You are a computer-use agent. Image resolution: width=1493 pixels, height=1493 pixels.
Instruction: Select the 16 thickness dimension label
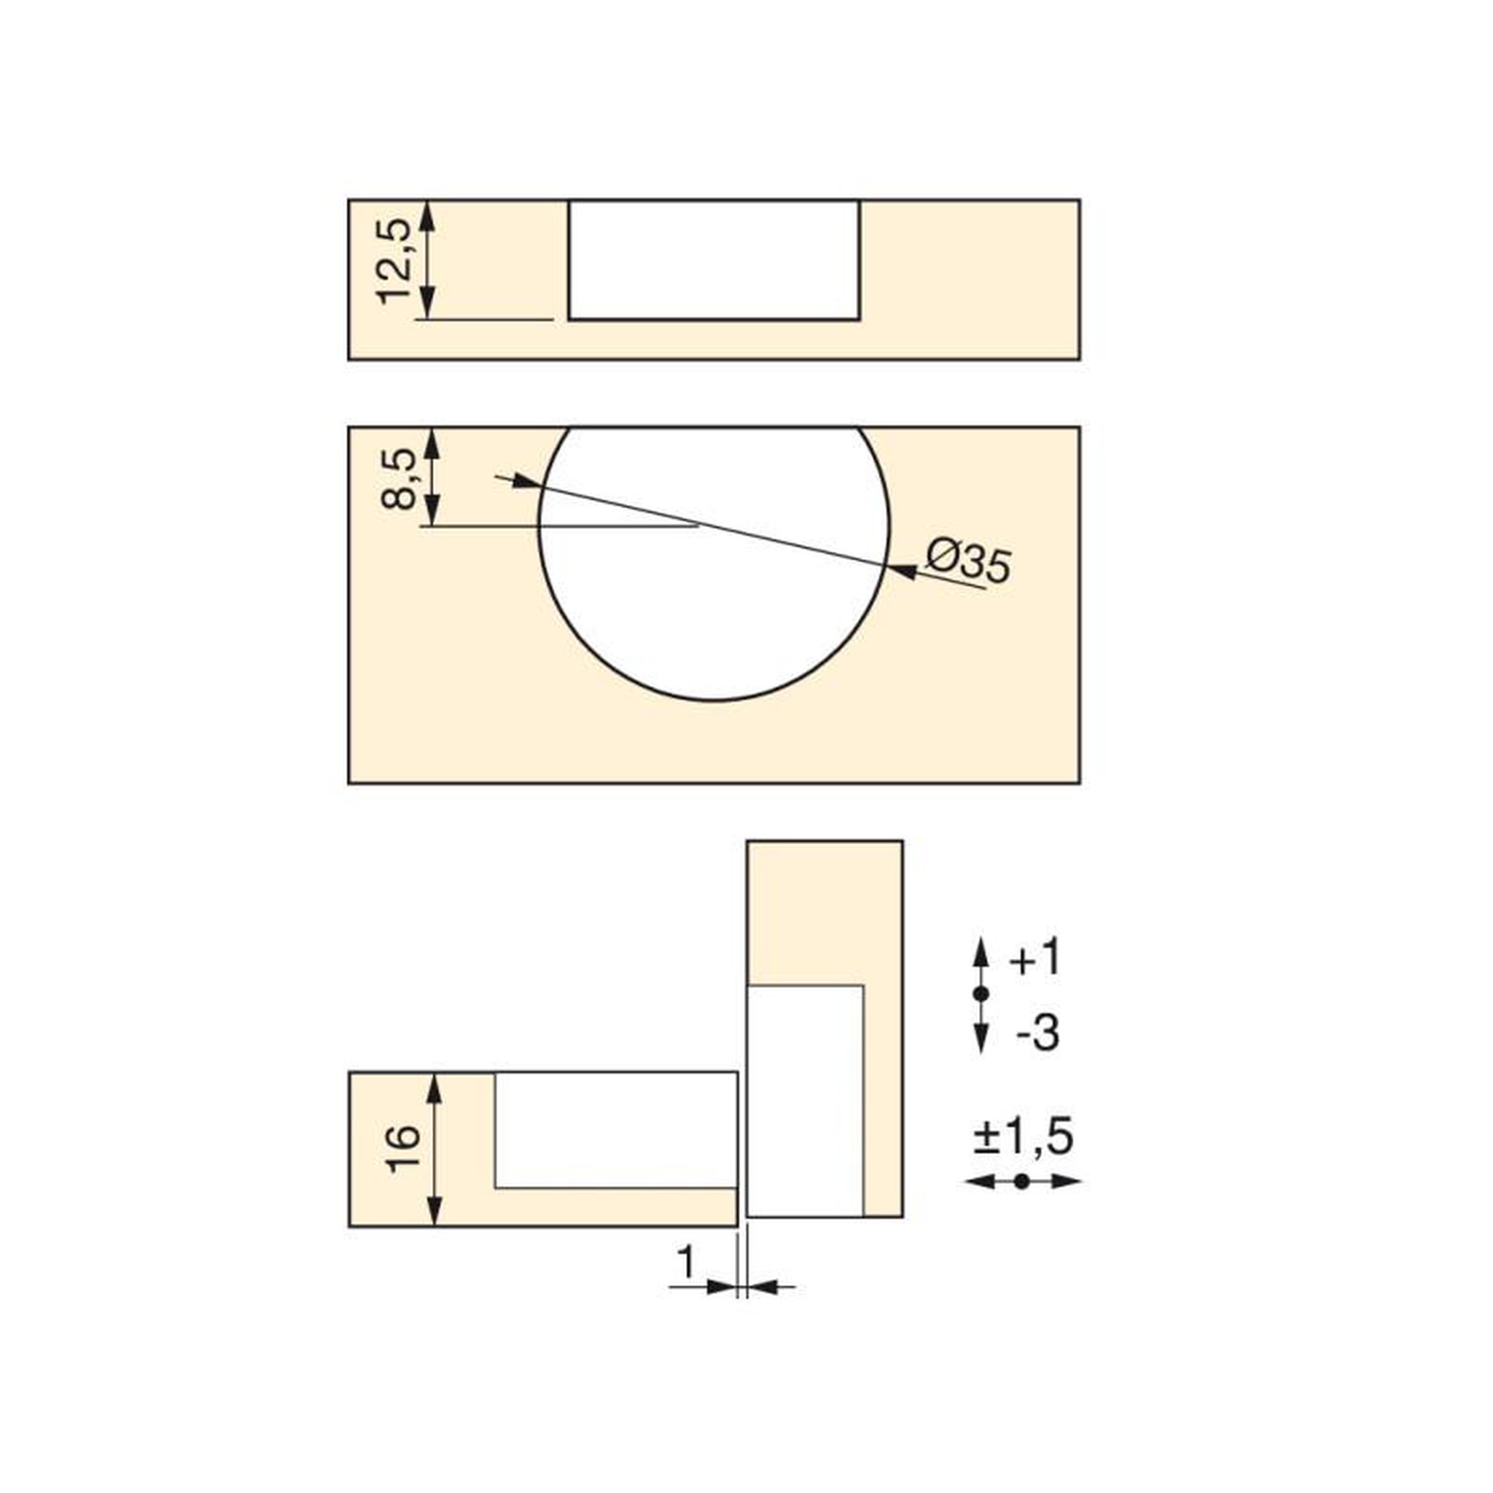(x=406, y=1150)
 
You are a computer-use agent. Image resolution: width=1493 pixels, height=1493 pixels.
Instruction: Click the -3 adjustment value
(x=1037, y=1033)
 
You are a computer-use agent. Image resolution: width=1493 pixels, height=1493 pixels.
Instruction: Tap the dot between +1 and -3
(x=981, y=994)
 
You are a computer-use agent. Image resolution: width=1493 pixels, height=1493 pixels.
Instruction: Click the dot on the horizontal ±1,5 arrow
(x=1022, y=1182)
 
